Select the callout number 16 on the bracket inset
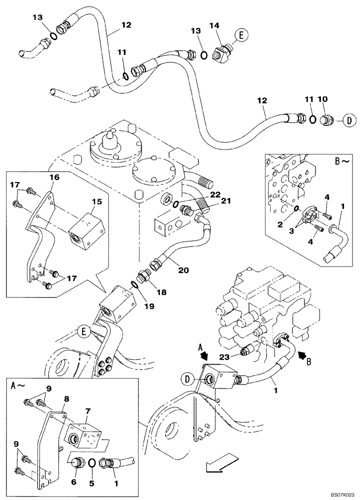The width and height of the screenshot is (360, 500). point(53,177)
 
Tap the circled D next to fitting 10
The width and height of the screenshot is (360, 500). point(348,120)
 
